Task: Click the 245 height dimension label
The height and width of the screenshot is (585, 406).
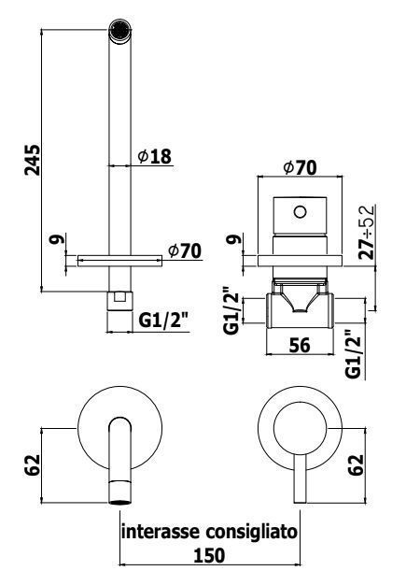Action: click(x=33, y=160)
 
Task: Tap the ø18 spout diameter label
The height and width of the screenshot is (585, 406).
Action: click(x=155, y=156)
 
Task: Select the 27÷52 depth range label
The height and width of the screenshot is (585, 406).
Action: click(x=367, y=232)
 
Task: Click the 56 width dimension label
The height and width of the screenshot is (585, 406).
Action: click(x=300, y=345)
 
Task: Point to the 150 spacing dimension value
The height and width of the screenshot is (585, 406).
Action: click(x=209, y=555)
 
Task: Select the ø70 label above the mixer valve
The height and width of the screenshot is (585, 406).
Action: click(x=300, y=167)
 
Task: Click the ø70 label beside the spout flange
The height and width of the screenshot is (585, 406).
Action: click(x=185, y=251)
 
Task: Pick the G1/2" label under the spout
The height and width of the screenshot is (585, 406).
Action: click(x=163, y=321)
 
